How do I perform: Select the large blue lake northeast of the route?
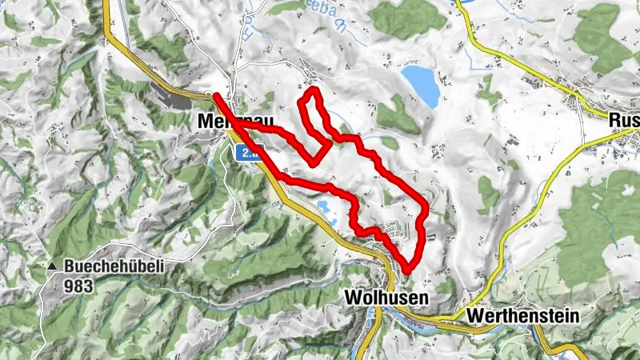(421, 86)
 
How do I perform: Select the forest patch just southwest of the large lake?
(398, 117)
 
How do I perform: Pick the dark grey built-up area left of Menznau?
(180, 99)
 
